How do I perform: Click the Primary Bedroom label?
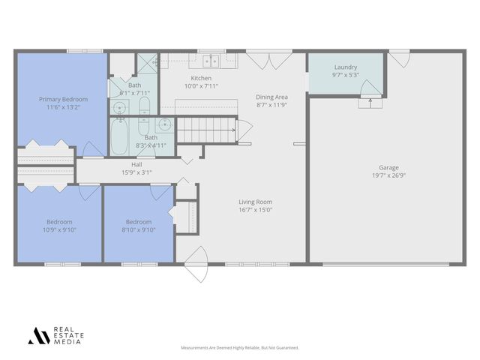point(64,100)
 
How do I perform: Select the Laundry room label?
point(345,67)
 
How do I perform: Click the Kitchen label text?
point(201,78)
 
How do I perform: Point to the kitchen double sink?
point(208,61)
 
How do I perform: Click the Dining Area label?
point(271,97)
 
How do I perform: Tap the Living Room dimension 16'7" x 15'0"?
point(255,210)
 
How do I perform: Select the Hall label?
point(136,164)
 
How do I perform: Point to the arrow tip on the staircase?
point(234,130)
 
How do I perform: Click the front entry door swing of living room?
point(196,264)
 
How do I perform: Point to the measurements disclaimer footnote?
point(240,348)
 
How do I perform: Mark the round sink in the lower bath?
point(164,124)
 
